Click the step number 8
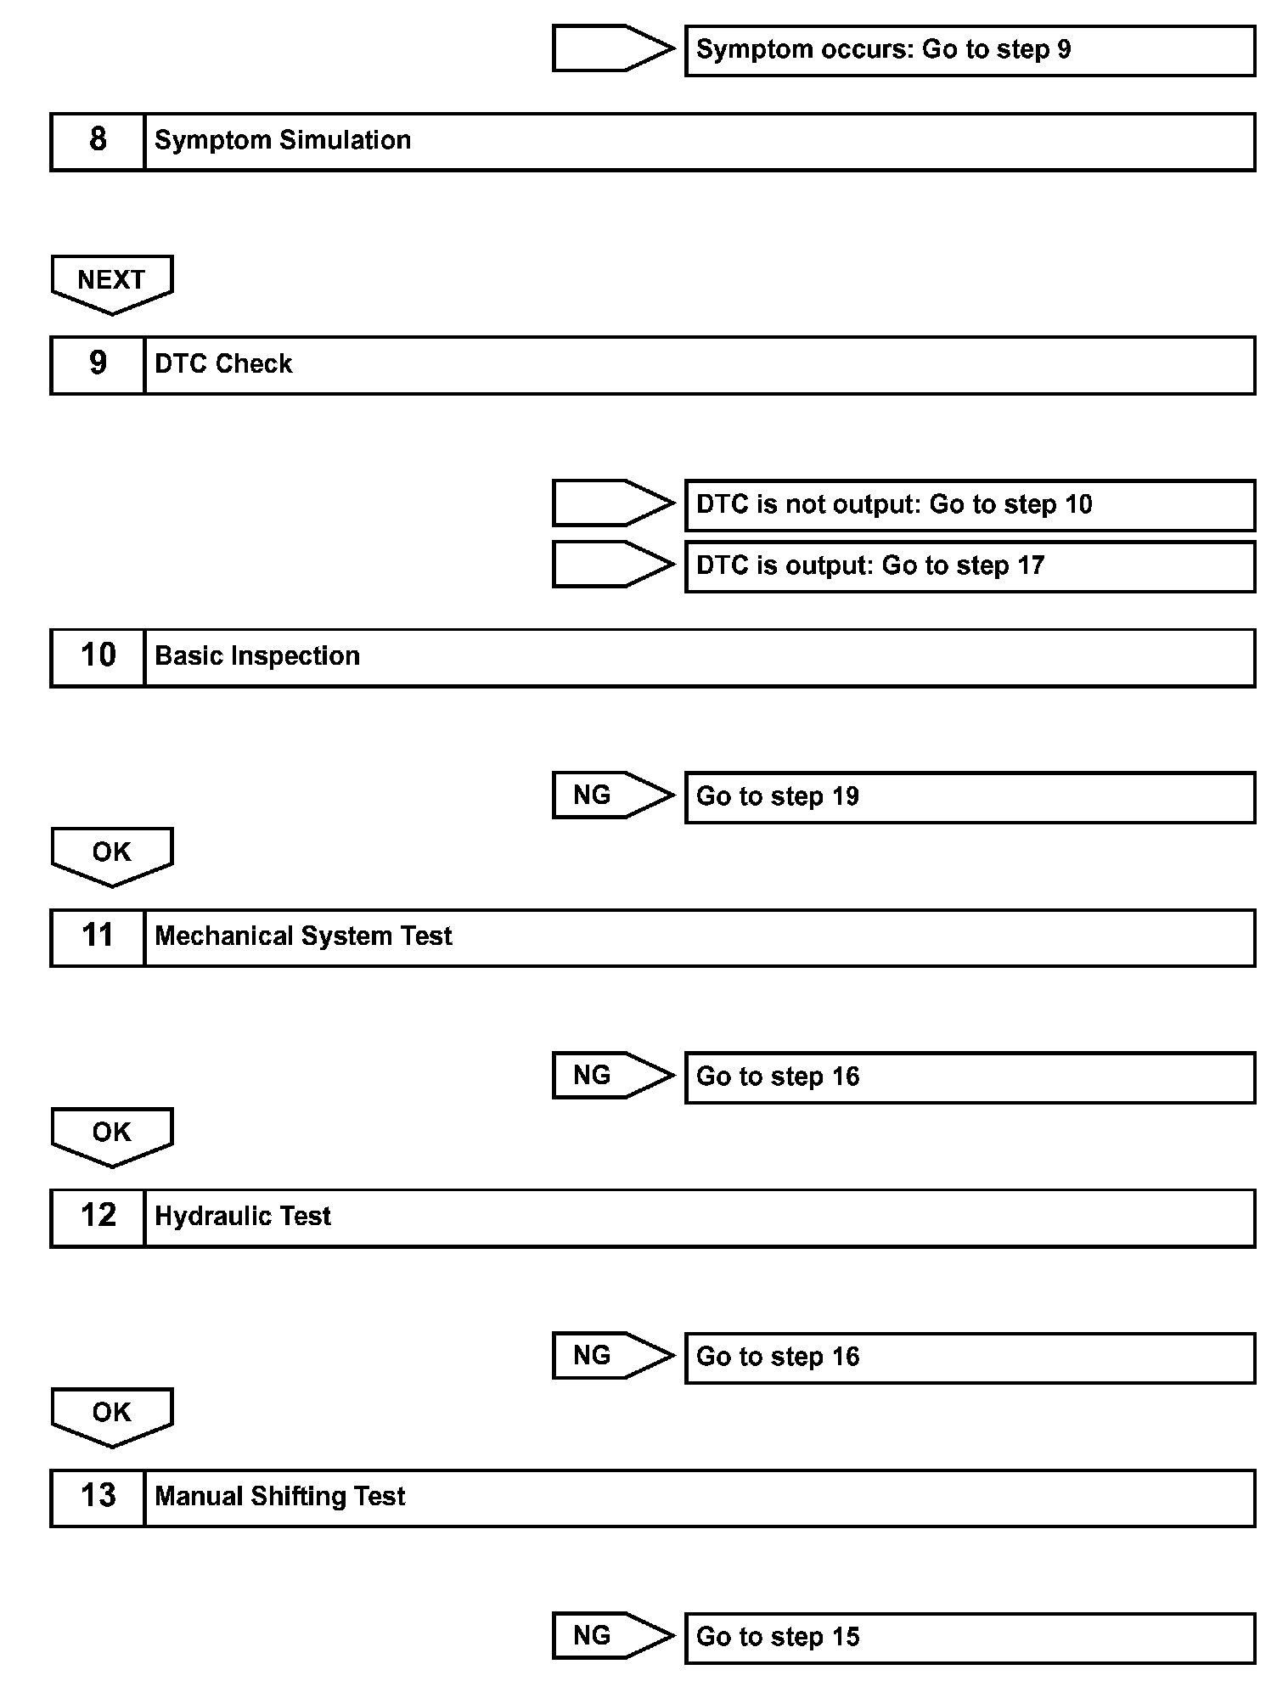point(98,141)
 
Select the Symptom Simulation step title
point(283,141)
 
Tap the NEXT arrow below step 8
point(112,282)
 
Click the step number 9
point(98,364)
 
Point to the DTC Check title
point(223,364)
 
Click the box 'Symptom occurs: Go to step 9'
point(969,51)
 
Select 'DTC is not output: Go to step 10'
point(969,505)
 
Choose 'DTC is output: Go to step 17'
point(969,566)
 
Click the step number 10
point(98,656)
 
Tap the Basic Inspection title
point(257,656)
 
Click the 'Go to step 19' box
point(969,797)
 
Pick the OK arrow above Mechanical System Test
point(112,854)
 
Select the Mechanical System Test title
point(303,936)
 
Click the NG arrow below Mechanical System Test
point(611,1076)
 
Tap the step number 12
point(98,1217)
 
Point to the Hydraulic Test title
point(243,1217)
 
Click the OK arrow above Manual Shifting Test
point(112,1414)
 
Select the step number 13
point(98,1497)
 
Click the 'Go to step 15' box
point(969,1638)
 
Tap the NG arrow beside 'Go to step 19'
point(611,796)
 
